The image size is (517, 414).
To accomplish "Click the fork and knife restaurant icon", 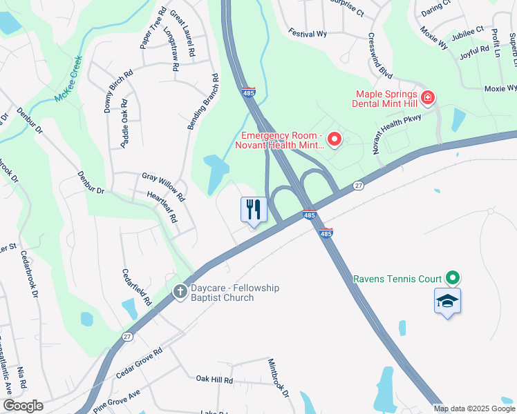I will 254,209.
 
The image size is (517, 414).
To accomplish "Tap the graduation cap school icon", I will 447,301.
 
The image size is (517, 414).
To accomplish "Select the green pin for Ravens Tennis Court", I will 453,278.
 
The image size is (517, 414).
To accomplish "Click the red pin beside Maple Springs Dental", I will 428,98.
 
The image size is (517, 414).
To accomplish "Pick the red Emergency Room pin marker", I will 335,140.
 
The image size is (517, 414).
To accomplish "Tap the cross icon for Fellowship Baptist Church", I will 180,291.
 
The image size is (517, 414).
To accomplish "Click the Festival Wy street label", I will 308,34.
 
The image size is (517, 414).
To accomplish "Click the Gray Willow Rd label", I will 163,187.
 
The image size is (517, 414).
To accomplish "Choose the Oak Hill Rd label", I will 214,379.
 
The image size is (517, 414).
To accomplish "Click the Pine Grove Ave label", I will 116,400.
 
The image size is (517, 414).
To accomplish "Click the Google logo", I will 23,406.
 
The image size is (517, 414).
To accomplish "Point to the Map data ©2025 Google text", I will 474,408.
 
